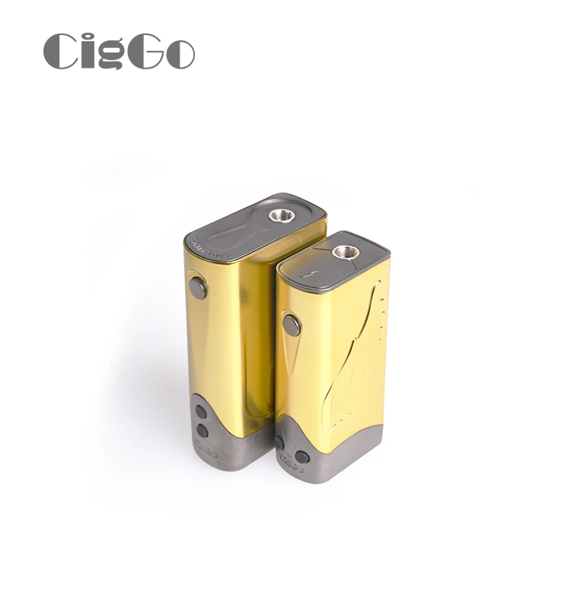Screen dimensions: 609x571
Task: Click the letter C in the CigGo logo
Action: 62,52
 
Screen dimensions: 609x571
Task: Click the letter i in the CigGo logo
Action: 86,52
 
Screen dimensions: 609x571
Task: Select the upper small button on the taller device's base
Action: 201,412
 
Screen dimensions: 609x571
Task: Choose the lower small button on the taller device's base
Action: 202,431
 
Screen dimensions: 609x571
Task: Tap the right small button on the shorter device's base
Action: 302,457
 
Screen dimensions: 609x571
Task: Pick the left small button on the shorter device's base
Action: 279,442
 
